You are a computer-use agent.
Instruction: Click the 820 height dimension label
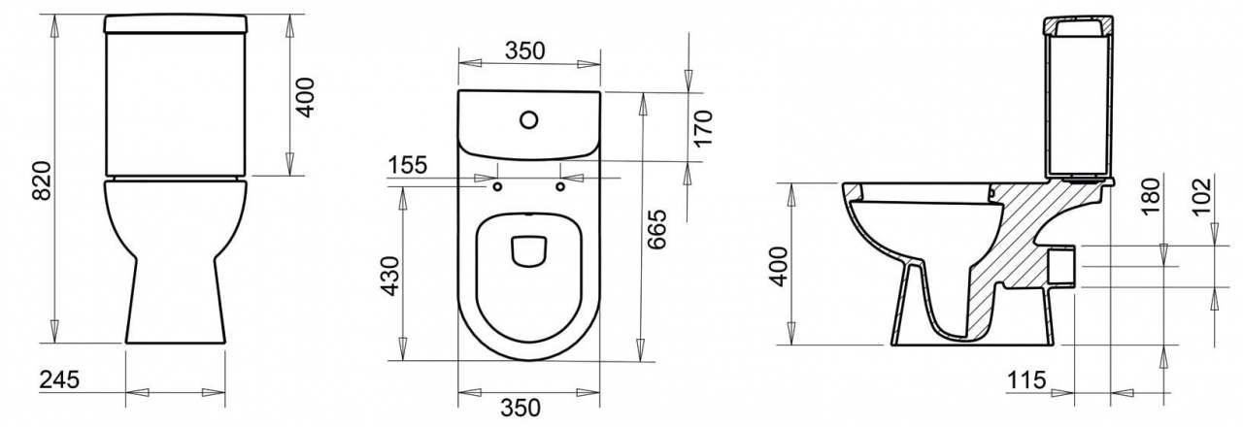coord(42,181)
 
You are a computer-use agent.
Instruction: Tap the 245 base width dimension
coord(59,380)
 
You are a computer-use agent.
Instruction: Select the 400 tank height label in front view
coord(305,98)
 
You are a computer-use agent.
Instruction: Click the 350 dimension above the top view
coord(525,50)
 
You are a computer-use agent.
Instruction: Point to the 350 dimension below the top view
coord(521,409)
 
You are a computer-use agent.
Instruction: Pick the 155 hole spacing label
coord(407,165)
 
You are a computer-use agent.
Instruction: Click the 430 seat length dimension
coord(390,277)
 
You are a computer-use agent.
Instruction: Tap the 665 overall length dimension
coord(656,229)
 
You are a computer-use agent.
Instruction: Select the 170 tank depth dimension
coord(702,129)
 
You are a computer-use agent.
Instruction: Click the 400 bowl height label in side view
coord(779,267)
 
